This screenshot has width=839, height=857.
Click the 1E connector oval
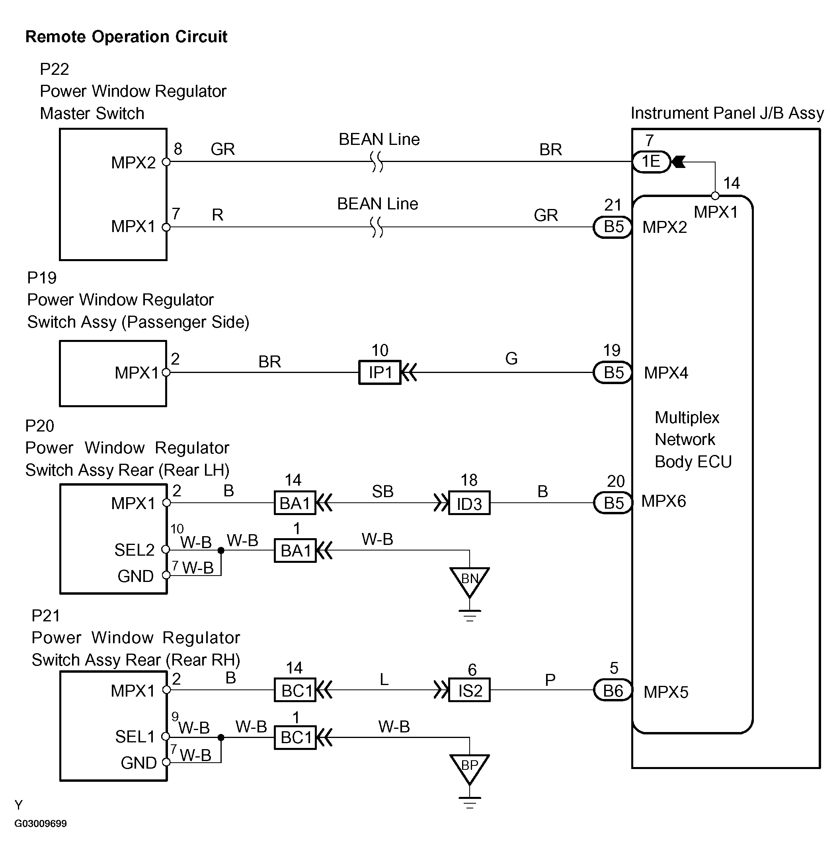(x=651, y=162)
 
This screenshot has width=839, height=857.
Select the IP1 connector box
(x=380, y=372)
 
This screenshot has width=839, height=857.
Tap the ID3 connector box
(x=469, y=503)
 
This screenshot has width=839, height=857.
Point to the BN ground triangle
(x=469, y=580)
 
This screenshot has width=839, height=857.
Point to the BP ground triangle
(x=469, y=767)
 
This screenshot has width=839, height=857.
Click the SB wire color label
(x=382, y=491)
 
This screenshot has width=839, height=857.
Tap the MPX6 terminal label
(x=663, y=502)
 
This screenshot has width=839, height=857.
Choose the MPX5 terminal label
(x=666, y=692)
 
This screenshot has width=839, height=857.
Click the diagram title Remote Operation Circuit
(x=126, y=37)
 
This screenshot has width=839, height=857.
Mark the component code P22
(x=54, y=69)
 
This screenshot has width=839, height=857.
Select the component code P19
(x=42, y=277)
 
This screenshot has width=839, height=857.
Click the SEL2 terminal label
(x=135, y=550)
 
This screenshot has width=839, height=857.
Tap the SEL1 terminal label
(x=135, y=737)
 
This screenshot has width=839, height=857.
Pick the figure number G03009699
(x=41, y=824)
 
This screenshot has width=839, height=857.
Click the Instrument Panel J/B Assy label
(x=727, y=113)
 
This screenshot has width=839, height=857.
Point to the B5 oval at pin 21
(x=613, y=227)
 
